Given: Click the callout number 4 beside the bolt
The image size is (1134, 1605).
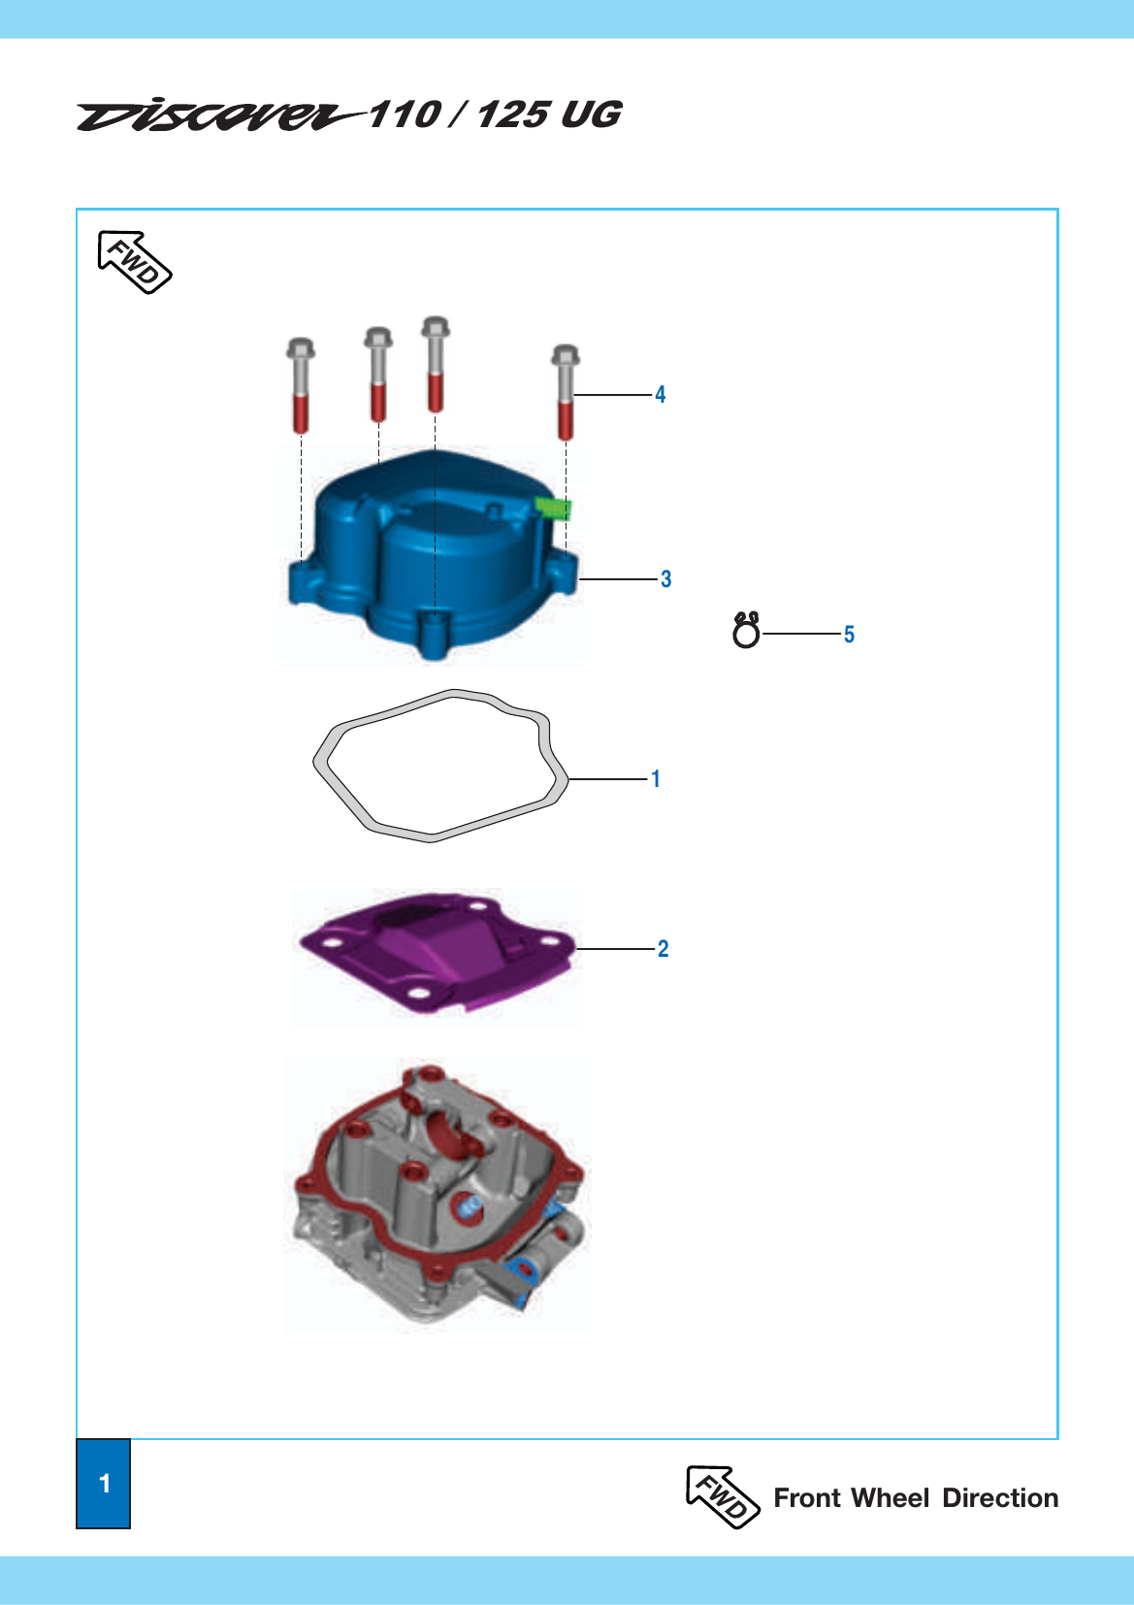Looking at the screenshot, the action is tap(660, 395).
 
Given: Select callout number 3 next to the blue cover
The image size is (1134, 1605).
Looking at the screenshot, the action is tap(665, 579).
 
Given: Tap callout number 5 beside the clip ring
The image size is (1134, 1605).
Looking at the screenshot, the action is tap(849, 634).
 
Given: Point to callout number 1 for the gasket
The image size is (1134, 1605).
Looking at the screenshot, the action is tap(655, 779).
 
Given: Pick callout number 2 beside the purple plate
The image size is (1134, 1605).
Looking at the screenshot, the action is tap(663, 949).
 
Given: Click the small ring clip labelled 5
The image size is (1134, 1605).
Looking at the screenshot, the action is tap(746, 631).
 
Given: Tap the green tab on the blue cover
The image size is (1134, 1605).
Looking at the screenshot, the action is tap(554, 508).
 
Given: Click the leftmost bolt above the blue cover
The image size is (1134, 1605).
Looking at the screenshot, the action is tap(301, 386).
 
